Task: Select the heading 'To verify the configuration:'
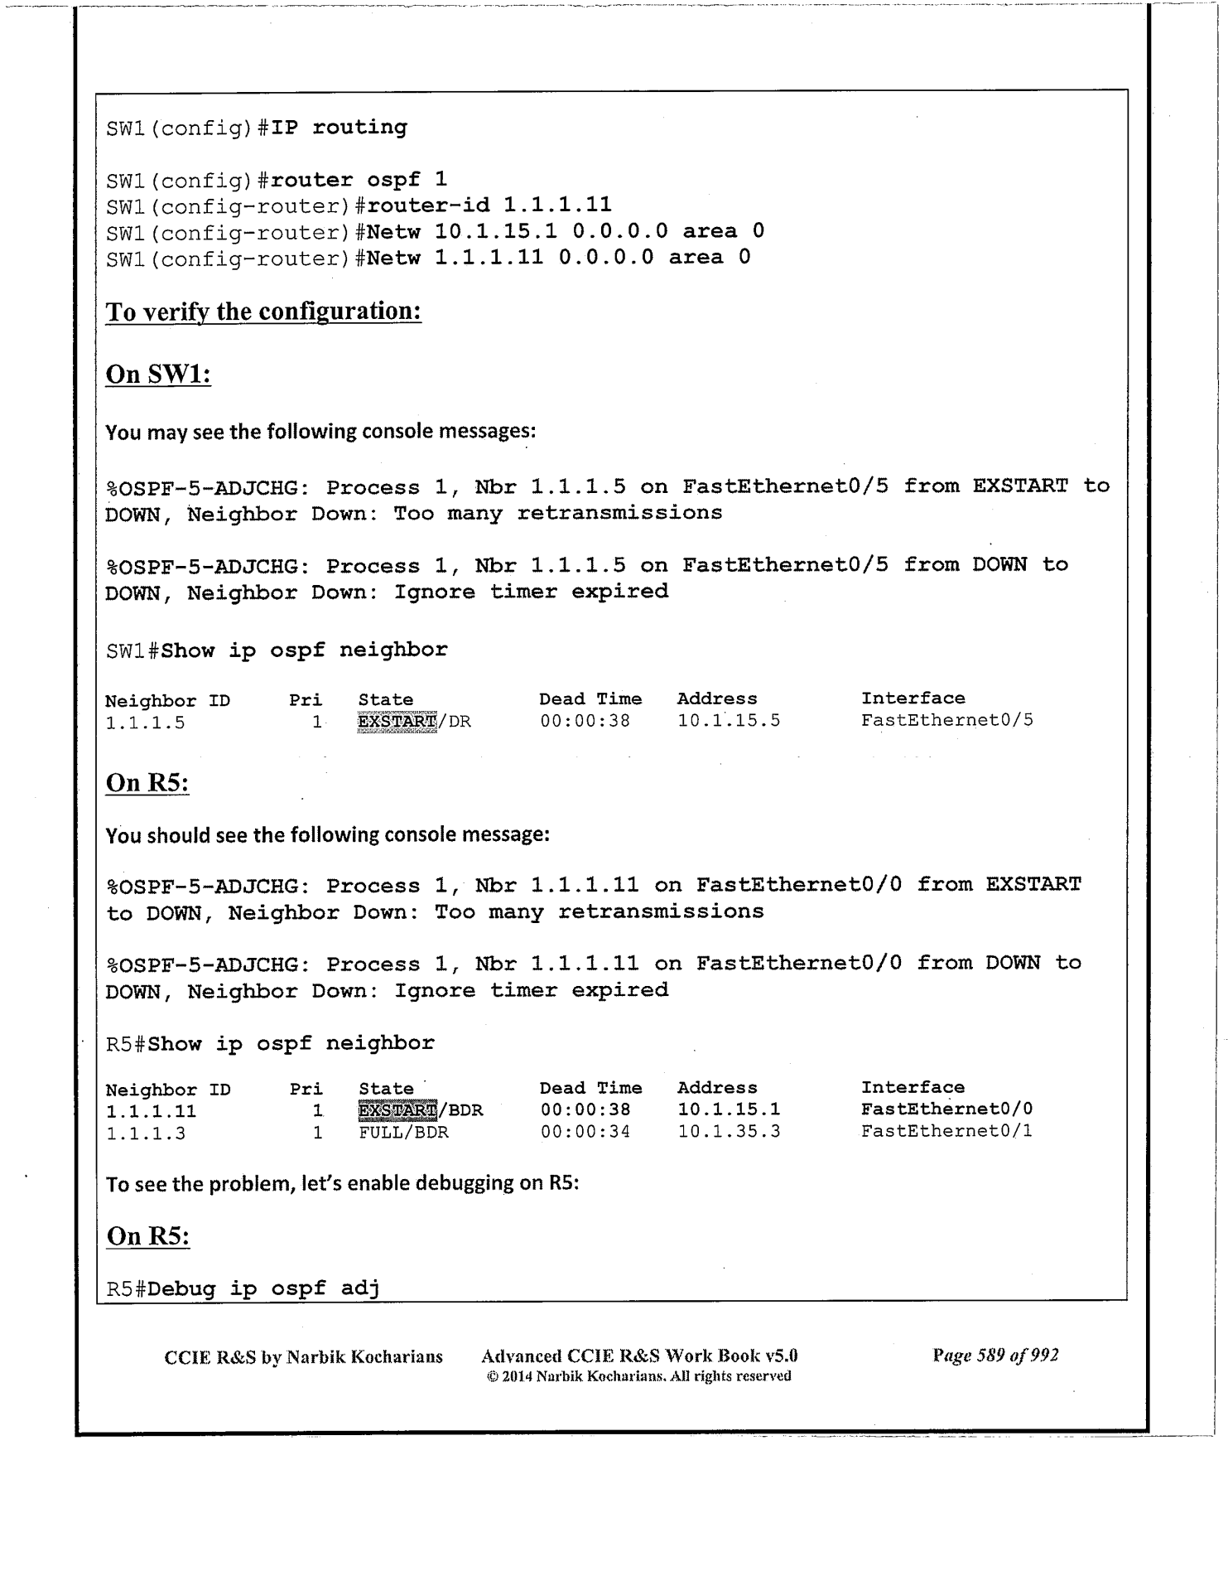[x=264, y=312]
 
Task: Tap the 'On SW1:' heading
[x=158, y=374]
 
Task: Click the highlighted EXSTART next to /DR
[x=397, y=722]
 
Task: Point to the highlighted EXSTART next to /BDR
[x=397, y=1109]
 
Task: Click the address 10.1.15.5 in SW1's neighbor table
[x=729, y=721]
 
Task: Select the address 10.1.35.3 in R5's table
[x=729, y=1132]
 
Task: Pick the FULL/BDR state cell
[x=403, y=1132]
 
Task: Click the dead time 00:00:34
[x=585, y=1132]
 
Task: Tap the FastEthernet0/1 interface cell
[x=946, y=1131]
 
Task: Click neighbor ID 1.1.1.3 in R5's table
[x=146, y=1133]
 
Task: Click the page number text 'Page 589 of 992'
[x=994, y=1356]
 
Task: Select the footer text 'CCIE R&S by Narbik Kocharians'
[x=303, y=1357]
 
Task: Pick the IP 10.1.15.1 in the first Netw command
[x=495, y=231]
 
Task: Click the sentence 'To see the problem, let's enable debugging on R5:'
[x=342, y=1183]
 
